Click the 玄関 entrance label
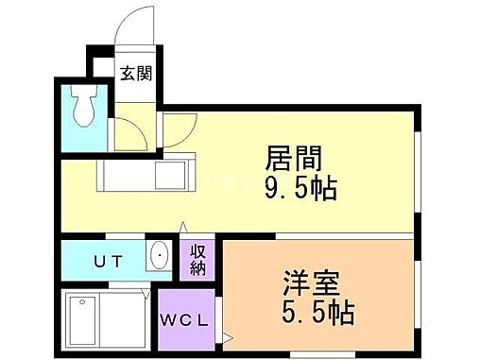(x=133, y=71)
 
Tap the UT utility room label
(x=106, y=260)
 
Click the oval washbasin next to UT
(x=159, y=256)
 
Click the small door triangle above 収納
(x=185, y=230)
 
